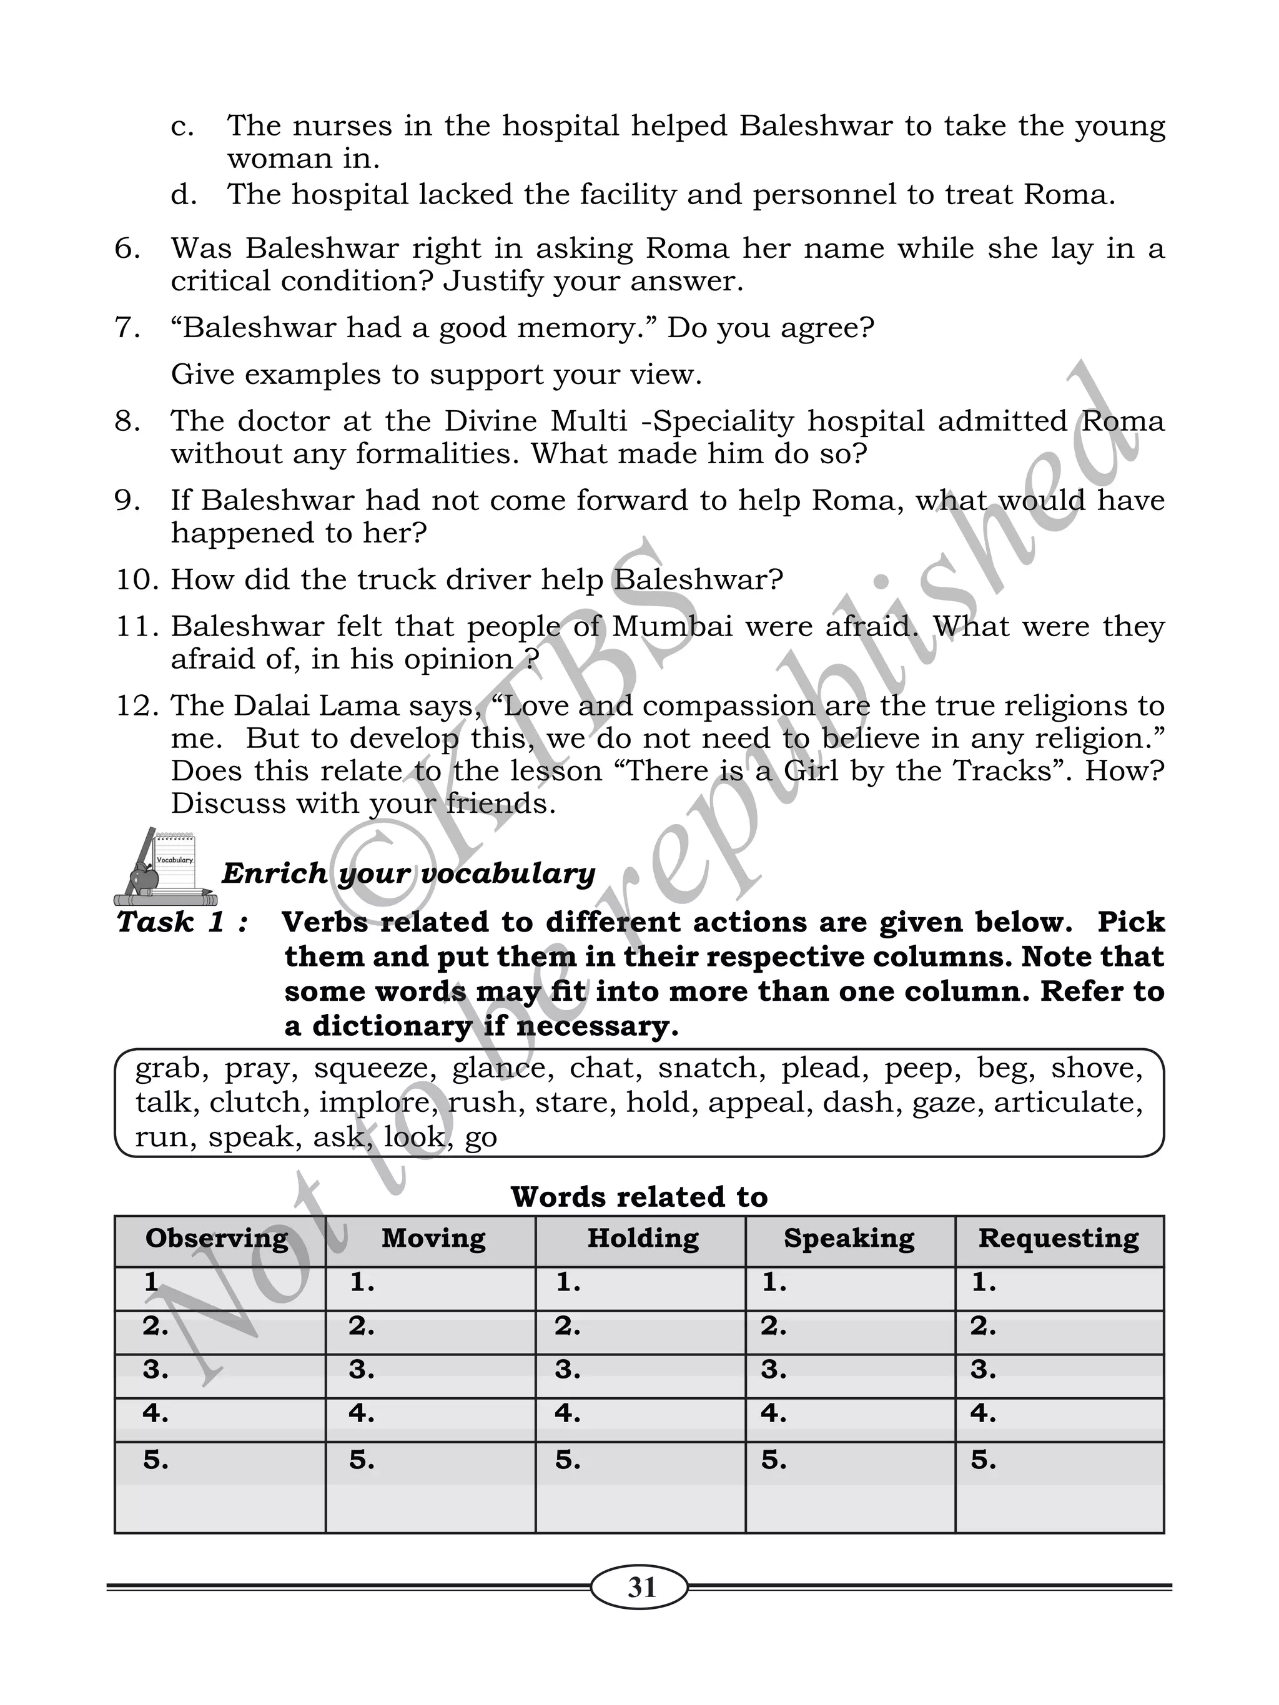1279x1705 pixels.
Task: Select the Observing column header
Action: pos(217,1239)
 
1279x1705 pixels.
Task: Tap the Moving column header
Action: pos(433,1239)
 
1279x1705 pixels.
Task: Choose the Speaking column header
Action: pos(849,1239)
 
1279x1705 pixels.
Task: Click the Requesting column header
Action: pos(1059,1239)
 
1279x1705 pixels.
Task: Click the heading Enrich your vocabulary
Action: pos(408,873)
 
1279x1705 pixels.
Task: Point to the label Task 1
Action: pos(182,922)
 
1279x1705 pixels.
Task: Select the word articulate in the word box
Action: pos(1068,1103)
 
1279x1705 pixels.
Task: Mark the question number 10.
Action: pos(137,579)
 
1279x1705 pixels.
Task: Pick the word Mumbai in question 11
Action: pos(672,626)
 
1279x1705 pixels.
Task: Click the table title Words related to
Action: pos(639,1197)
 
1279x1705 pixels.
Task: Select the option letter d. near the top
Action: pos(184,195)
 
